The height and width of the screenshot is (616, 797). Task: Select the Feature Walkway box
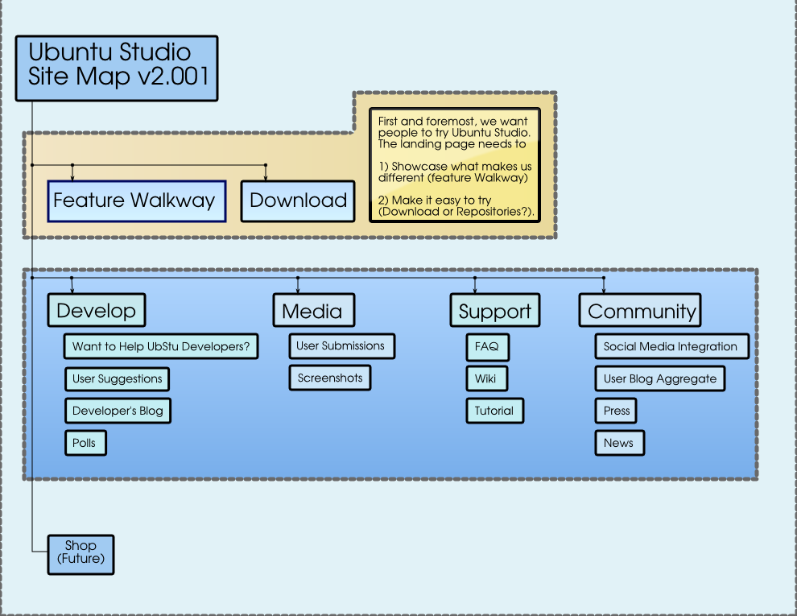point(135,201)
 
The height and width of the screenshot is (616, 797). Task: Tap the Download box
point(298,201)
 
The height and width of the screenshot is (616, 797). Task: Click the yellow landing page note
point(455,165)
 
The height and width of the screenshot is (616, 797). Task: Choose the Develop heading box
point(97,311)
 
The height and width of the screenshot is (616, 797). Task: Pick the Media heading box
point(313,311)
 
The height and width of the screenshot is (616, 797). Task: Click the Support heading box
point(494,311)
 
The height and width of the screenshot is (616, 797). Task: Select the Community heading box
point(640,311)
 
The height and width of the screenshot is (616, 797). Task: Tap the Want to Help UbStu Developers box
point(161,347)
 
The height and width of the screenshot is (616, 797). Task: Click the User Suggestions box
point(118,378)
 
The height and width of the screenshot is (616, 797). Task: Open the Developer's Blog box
point(118,411)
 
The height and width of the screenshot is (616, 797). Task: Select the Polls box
point(85,443)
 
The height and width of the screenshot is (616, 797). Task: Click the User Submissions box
point(341,346)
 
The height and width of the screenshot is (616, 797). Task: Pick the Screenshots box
point(330,378)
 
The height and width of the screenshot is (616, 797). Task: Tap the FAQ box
point(487,347)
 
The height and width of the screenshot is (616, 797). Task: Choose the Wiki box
point(486,378)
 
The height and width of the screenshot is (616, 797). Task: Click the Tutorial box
point(494,411)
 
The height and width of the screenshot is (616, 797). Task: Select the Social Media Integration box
point(671,347)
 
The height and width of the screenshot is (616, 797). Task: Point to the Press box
point(617,411)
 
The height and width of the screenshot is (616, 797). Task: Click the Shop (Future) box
point(81,554)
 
